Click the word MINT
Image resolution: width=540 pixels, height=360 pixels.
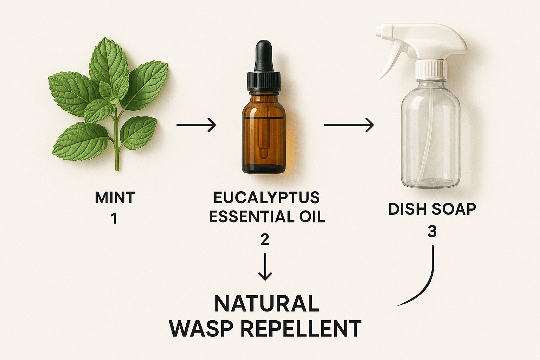click(115, 198)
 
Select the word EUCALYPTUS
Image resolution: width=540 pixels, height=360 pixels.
click(266, 198)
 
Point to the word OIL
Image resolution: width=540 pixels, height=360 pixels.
click(313, 217)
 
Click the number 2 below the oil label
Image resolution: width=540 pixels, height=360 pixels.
click(265, 240)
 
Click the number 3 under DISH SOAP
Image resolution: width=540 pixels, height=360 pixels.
click(432, 231)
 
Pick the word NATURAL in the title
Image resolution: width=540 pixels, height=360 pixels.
click(266, 303)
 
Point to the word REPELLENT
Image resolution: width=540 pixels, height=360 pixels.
click(301, 328)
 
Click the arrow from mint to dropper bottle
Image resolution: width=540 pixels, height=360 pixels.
click(196, 125)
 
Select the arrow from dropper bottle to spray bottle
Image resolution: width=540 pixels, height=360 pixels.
click(349, 125)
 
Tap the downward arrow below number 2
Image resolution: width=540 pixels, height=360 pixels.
click(265, 266)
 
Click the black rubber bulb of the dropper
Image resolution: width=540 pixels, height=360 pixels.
click(264, 56)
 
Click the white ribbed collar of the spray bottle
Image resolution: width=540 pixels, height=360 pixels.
click(431, 70)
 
